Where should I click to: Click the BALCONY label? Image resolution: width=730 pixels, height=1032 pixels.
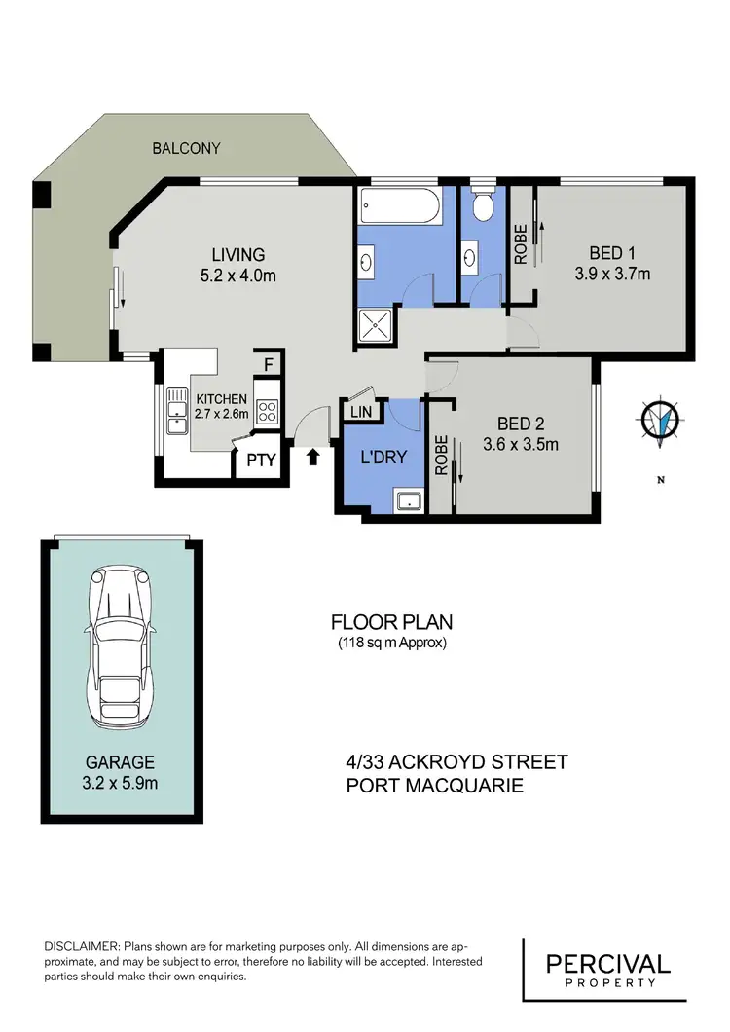[x=185, y=149]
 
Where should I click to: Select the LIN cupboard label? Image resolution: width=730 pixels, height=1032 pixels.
[x=360, y=413]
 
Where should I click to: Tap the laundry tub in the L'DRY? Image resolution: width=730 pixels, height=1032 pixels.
[x=409, y=501]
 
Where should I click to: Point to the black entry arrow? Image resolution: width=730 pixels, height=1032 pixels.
[x=312, y=456]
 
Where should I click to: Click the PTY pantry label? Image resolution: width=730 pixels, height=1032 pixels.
[x=261, y=461]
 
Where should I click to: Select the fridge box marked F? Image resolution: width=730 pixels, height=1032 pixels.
[x=269, y=367]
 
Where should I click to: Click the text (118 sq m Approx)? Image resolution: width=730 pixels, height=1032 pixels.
[x=392, y=643]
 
